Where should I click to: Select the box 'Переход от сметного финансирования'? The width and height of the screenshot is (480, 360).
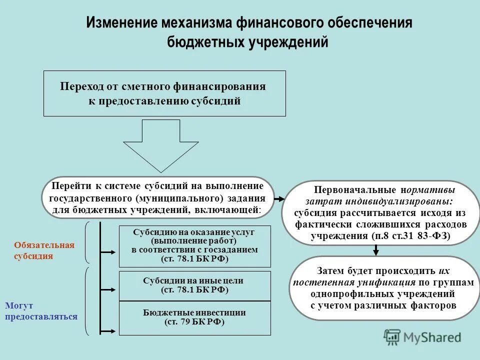pyautogui.click(x=164, y=93)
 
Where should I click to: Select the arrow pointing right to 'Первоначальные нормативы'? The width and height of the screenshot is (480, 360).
pyautogui.click(x=279, y=198)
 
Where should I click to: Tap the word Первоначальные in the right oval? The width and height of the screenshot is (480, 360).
pyautogui.click(x=355, y=190)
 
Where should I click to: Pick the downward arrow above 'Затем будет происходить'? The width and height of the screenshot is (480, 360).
pyautogui.click(x=376, y=250)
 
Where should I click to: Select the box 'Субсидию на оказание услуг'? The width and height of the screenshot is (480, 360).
pyautogui.click(x=194, y=246)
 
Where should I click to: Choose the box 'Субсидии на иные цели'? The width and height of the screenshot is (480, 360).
pyautogui.click(x=194, y=285)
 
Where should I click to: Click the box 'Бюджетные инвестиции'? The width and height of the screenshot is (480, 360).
pyautogui.click(x=194, y=317)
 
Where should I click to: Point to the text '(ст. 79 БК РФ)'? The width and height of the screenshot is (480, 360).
pyautogui.click(x=194, y=322)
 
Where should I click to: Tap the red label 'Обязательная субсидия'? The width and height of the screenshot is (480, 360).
pyautogui.click(x=44, y=250)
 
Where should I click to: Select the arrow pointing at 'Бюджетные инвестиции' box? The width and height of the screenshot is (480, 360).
pyautogui.click(x=109, y=330)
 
